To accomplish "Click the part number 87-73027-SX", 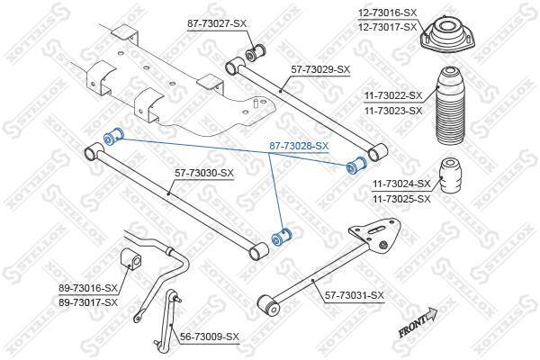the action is (217, 24).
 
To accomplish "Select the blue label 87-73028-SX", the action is (299, 147).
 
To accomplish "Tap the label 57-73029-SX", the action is (320, 69).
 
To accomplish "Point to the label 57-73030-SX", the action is (204, 173).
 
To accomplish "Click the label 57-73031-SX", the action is (355, 295).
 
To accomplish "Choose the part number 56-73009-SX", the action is (210, 337).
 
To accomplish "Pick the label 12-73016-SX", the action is (387, 13).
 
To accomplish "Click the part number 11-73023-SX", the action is (393, 111).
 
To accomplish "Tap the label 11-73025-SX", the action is (401, 199).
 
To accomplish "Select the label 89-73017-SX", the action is (88, 302).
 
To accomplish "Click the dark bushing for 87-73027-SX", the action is (256, 51).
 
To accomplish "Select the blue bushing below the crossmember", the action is (113, 136).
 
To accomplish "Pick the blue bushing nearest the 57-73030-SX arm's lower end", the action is (282, 237).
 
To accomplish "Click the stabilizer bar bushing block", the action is (131, 259).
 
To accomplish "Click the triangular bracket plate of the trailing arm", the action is (376, 235).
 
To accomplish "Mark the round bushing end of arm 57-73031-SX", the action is (268, 305).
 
